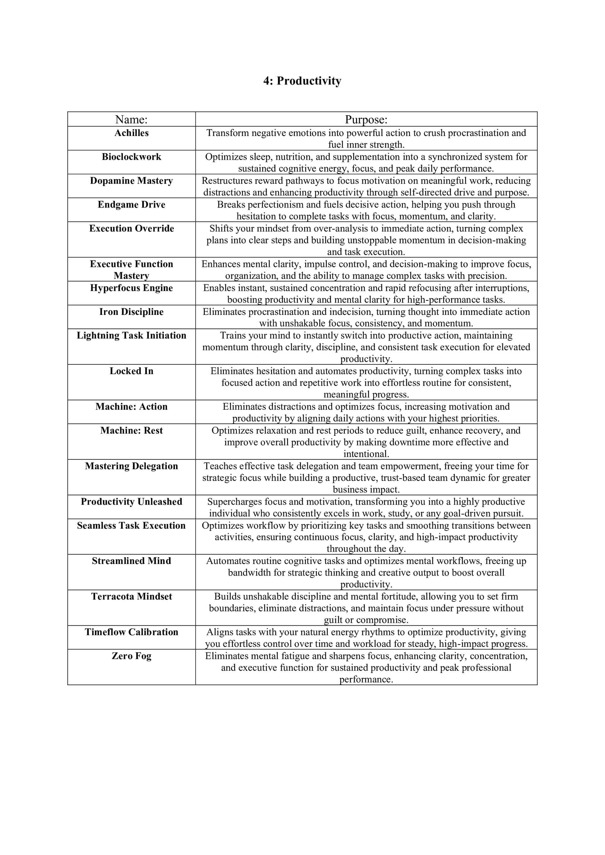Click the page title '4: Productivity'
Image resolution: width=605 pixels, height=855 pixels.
[x=302, y=81]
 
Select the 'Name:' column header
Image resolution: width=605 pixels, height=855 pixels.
[x=131, y=120]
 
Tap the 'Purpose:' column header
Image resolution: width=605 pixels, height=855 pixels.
[x=366, y=120]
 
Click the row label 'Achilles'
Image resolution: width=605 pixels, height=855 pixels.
[x=131, y=133]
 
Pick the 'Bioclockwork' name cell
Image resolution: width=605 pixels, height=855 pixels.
[x=131, y=157]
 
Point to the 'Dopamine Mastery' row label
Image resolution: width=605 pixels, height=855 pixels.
[x=131, y=181]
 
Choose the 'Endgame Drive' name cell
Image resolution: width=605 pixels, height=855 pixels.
[x=131, y=204]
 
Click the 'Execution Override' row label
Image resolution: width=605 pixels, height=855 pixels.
[x=131, y=228]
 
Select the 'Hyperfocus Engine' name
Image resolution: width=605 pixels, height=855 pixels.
[x=131, y=288]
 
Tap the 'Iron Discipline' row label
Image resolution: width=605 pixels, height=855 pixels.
[x=131, y=312]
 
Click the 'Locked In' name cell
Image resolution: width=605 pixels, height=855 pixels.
[x=131, y=371]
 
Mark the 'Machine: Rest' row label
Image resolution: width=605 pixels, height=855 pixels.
[x=131, y=430]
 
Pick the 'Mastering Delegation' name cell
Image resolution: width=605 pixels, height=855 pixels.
[x=131, y=466]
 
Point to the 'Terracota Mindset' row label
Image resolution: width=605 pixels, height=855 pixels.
[x=131, y=596]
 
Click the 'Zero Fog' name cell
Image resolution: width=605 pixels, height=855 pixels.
[x=131, y=656]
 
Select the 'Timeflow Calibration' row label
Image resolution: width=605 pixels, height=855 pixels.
[x=131, y=632]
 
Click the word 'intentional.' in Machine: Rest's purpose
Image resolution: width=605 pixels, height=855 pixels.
[x=366, y=454]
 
